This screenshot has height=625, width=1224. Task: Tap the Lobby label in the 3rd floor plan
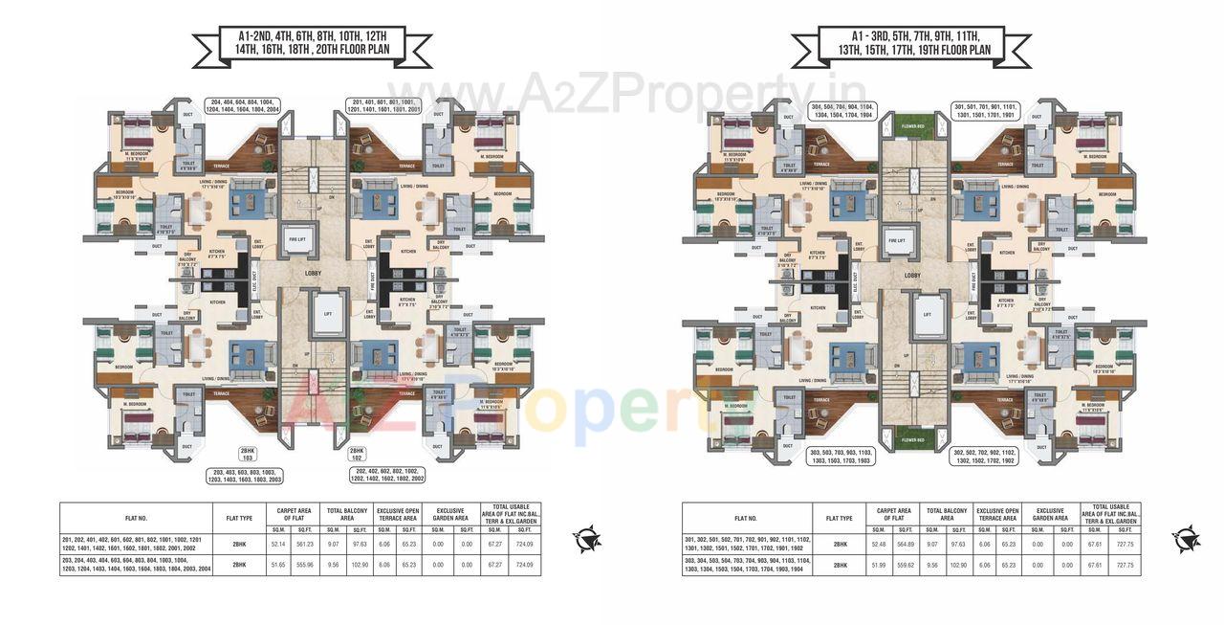[x=912, y=275]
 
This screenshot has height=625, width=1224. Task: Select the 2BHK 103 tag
[x=247, y=454]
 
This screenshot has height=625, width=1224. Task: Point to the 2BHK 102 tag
[x=356, y=454]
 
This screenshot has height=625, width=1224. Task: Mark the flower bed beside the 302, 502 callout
[x=912, y=439]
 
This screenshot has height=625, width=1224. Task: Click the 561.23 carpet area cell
[x=305, y=544]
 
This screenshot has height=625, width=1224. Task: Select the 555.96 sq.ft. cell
[x=305, y=564]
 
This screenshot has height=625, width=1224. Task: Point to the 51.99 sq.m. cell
[x=877, y=565]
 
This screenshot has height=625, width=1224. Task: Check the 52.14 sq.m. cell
[x=279, y=544]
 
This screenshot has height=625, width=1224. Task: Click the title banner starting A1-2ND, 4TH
[x=312, y=44]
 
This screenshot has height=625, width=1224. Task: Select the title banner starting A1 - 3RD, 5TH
[x=911, y=44]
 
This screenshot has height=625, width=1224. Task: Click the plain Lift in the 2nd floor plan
[x=328, y=312]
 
